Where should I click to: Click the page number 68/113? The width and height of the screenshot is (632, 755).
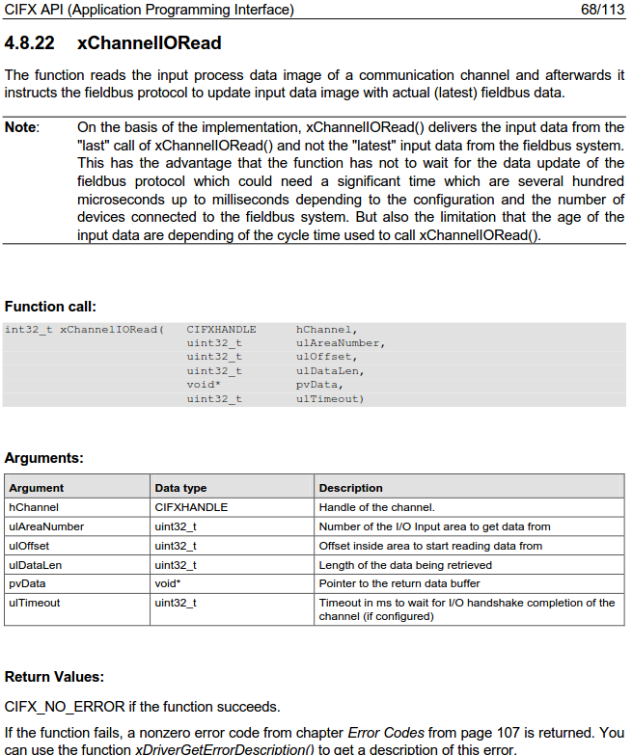pyautogui.click(x=602, y=11)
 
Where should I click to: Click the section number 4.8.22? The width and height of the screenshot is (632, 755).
pyautogui.click(x=30, y=43)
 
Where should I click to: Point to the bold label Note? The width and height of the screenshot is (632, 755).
pyautogui.click(x=22, y=127)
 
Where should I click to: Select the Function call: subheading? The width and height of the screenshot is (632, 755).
pyautogui.click(x=50, y=307)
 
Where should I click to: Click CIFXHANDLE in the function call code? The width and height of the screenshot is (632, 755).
pyautogui.click(x=221, y=330)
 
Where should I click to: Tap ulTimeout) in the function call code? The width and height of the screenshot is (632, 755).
pyautogui.click(x=330, y=398)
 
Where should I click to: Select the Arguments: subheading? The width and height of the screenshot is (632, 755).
pyautogui.click(x=43, y=458)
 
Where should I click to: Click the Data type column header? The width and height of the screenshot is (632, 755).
pyautogui.click(x=180, y=488)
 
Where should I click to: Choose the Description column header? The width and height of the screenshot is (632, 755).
pyautogui.click(x=350, y=488)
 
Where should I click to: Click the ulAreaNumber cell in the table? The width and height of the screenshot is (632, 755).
pyautogui.click(x=46, y=526)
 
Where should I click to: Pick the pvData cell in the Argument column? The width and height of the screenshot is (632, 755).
pyautogui.click(x=27, y=583)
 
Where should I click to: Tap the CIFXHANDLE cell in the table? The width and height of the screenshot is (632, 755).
pyautogui.click(x=191, y=507)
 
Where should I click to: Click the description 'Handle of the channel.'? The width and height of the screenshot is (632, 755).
pyautogui.click(x=376, y=507)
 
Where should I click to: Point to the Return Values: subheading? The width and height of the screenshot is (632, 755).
pyautogui.click(x=54, y=677)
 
